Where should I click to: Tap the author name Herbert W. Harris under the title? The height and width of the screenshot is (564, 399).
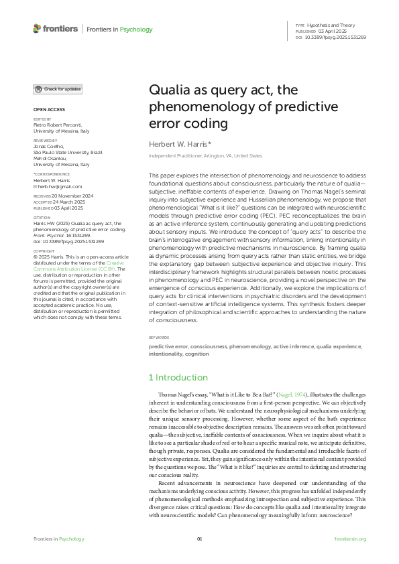tap(179, 144)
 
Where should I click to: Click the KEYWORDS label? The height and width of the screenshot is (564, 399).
tap(159, 338)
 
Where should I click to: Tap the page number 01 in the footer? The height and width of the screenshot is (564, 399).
tap(199, 539)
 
